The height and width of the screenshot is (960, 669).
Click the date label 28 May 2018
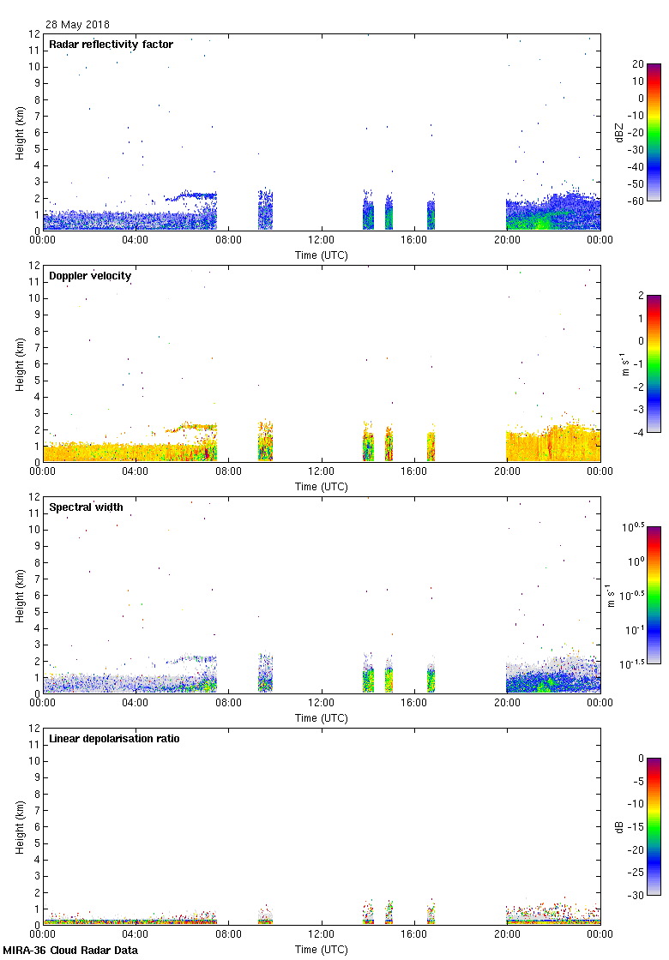pyautogui.click(x=77, y=25)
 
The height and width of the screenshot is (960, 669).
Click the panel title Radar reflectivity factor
pyautogui.click(x=111, y=45)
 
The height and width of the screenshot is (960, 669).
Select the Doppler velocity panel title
pyautogui.click(x=88, y=276)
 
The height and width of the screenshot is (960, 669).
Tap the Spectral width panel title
pyautogui.click(x=86, y=507)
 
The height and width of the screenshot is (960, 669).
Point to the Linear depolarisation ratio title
pyautogui.click(x=114, y=739)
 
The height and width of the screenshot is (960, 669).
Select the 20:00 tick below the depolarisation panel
pyautogui.click(x=507, y=934)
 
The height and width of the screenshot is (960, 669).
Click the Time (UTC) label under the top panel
pyautogui.click(x=322, y=255)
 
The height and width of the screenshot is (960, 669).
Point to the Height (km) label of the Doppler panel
pyautogui.click(x=19, y=364)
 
